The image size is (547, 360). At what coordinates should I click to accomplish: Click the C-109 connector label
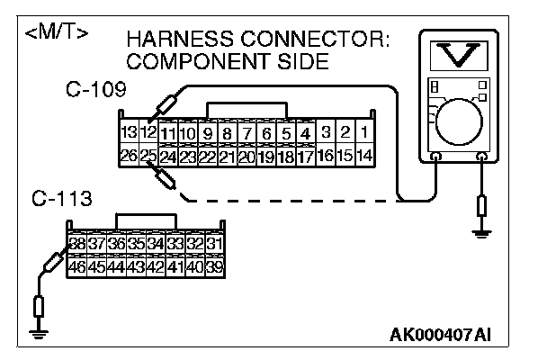pos(95,90)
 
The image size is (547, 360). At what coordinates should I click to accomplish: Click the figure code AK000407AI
pos(441,336)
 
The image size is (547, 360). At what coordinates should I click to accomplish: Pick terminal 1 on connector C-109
pos(364,133)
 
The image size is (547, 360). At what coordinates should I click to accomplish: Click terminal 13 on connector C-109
pos(128,133)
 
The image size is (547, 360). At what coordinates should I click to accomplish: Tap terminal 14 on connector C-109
pos(364,155)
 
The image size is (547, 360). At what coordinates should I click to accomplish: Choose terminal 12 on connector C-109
pos(148,133)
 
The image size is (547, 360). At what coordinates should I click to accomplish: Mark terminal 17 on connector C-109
pos(306,155)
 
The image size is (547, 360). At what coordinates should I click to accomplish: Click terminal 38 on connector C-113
pos(77,244)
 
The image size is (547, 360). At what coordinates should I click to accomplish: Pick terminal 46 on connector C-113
pos(77,265)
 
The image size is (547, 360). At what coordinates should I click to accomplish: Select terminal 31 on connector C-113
pos(214,244)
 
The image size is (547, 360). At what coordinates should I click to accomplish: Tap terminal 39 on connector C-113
pos(214,265)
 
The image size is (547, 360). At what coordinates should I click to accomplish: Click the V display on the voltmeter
pos(460,55)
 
